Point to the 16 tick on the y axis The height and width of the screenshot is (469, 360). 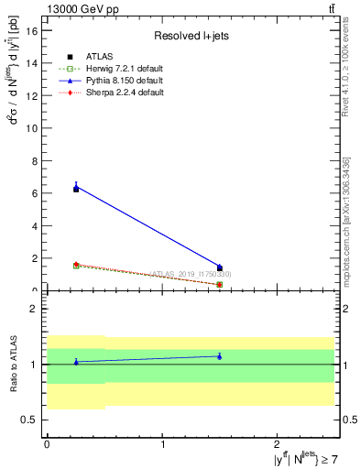tap(34, 31)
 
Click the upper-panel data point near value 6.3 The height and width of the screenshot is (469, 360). tap(76, 188)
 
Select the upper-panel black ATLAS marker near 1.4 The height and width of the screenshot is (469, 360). tap(220, 267)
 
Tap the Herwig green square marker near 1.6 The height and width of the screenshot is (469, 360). tap(76, 265)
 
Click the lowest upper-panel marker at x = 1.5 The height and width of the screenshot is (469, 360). tap(220, 284)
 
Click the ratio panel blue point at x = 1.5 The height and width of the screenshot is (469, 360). tap(220, 356)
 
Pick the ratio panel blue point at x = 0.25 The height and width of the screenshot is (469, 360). tap(76, 362)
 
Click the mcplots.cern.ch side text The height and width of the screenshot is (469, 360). tap(346, 229)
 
